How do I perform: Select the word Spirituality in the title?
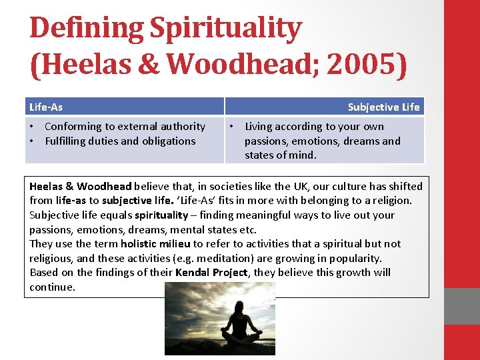[226, 29]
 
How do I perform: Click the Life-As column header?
[46, 107]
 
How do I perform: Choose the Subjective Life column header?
[383, 107]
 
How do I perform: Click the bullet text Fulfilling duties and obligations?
[120, 141]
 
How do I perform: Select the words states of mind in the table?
[280, 155]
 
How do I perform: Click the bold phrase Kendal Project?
[211, 273]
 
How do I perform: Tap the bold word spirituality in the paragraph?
[161, 215]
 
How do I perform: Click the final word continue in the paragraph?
[52, 287]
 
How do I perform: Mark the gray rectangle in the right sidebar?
[461, 306]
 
